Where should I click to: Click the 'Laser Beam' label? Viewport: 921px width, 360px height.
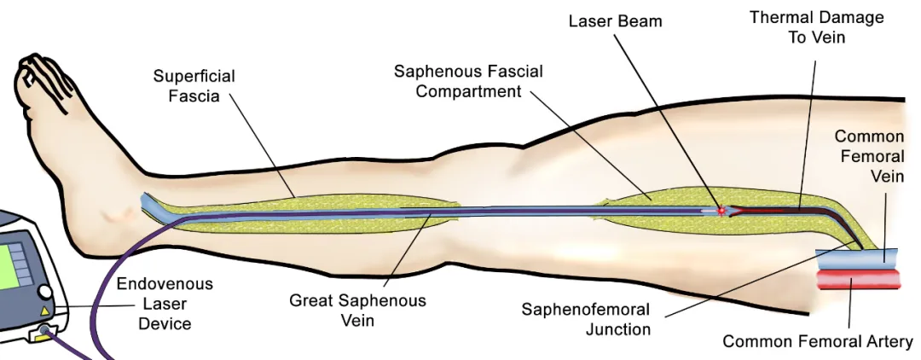pyautogui.click(x=615, y=20)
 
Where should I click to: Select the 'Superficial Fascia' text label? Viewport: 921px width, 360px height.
pyautogui.click(x=194, y=86)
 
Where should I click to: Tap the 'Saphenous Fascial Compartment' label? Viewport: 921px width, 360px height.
pyautogui.click(x=468, y=81)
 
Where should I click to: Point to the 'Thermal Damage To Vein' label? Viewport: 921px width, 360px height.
pyautogui.click(x=816, y=28)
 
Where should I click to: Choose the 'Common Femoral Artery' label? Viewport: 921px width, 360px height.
pyautogui.click(x=817, y=342)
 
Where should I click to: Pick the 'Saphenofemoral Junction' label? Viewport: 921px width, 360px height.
pyautogui.click(x=586, y=319)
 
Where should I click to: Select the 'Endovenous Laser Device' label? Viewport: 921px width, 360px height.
pyautogui.click(x=165, y=303)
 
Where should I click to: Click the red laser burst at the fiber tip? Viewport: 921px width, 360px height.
pyautogui.click(x=721, y=210)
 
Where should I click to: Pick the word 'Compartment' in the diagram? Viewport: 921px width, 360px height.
pyautogui.click(x=468, y=91)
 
